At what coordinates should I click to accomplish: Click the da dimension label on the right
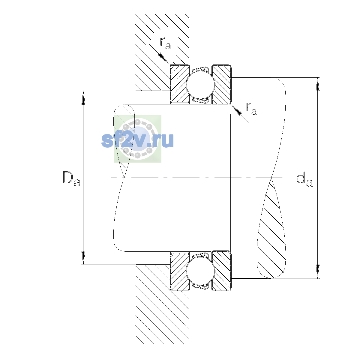304,180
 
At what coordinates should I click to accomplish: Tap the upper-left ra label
165,43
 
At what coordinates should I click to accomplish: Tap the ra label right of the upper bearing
251,109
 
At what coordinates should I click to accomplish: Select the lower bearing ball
200,271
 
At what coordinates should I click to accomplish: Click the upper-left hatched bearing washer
179,84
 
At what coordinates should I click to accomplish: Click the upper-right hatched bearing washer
221,84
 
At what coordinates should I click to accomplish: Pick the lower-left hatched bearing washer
179,271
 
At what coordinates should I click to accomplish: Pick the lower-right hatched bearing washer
221,271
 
